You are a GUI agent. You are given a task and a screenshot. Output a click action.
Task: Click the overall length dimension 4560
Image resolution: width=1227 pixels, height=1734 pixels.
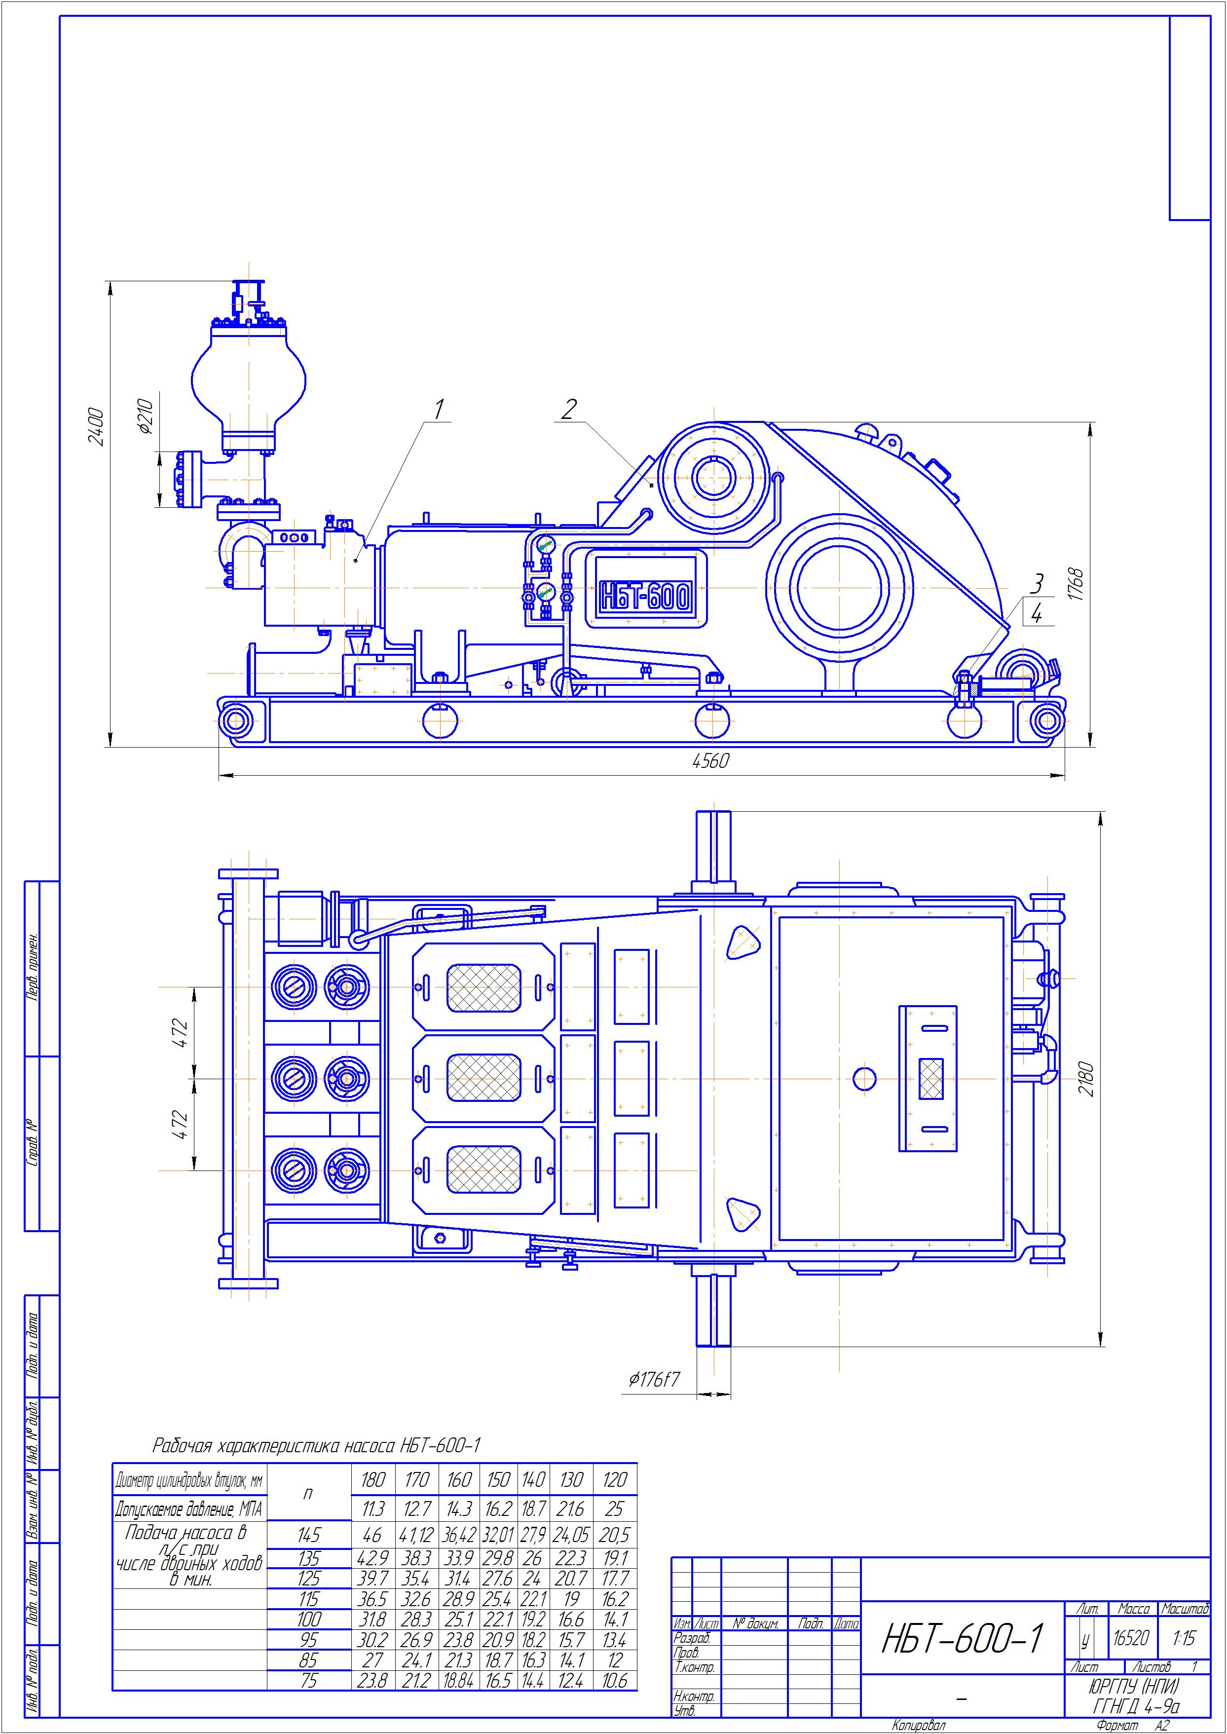(710, 761)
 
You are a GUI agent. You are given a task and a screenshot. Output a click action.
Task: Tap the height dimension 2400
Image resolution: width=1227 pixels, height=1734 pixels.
(96, 427)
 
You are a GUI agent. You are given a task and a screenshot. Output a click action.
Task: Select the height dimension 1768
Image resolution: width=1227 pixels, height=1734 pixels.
(1077, 585)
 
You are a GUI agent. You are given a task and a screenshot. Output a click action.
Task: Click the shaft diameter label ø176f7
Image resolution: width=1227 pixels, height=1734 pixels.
(654, 1380)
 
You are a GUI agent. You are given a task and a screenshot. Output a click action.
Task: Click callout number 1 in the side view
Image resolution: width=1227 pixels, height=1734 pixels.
(438, 410)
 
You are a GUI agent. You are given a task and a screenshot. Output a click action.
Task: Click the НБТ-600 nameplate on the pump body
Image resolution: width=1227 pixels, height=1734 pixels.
(644, 597)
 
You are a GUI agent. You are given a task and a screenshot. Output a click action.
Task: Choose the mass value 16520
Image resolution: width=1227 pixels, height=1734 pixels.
(1132, 1638)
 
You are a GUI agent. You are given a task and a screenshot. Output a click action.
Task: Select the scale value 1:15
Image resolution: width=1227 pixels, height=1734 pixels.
(1184, 1638)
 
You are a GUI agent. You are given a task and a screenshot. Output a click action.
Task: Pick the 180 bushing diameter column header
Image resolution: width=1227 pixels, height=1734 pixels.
(373, 1480)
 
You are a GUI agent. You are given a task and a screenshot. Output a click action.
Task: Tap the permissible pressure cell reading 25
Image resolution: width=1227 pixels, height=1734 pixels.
(614, 1509)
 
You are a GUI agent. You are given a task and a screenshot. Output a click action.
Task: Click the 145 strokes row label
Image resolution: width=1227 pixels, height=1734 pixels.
(309, 1535)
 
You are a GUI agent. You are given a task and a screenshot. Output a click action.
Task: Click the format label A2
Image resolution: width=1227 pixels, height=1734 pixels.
(1161, 1726)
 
